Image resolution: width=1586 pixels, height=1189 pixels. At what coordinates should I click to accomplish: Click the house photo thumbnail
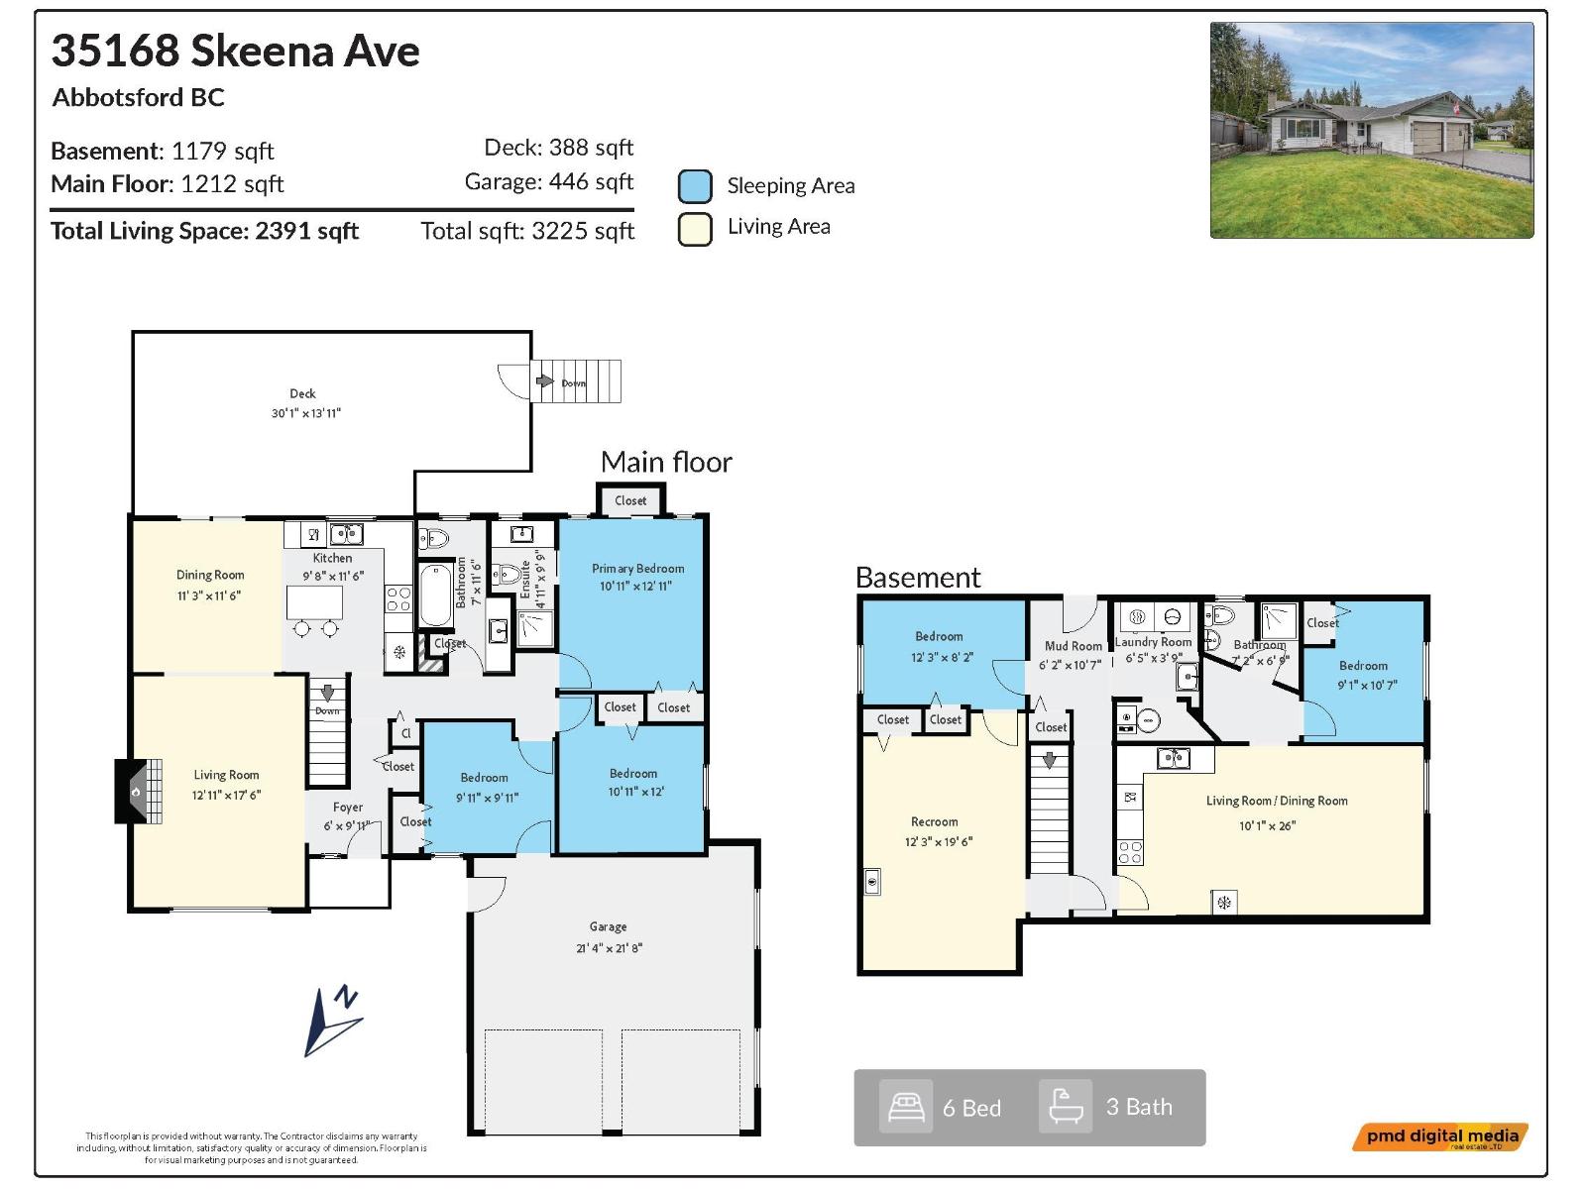click(1371, 130)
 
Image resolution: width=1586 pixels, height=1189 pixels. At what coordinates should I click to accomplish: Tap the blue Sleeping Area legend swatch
click(695, 186)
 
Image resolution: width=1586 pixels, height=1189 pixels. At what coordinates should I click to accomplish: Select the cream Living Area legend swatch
click(695, 228)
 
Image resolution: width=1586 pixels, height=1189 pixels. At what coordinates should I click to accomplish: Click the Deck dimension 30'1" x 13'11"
click(305, 413)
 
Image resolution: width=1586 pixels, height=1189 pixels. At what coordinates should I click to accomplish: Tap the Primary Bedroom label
click(637, 569)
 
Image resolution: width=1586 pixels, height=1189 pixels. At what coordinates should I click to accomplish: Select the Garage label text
click(608, 927)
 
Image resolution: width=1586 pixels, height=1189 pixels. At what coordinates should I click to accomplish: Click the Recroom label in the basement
click(934, 821)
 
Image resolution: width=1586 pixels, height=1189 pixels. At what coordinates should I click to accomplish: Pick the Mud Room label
click(1073, 646)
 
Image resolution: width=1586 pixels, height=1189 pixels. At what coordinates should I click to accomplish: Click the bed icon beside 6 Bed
click(906, 1107)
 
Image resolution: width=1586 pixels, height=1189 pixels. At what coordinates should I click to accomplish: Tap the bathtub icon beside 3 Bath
click(1066, 1106)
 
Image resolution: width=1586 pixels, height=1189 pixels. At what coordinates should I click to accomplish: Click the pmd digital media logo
click(1440, 1136)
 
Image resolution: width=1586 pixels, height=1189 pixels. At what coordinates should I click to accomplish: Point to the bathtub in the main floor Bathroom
click(435, 594)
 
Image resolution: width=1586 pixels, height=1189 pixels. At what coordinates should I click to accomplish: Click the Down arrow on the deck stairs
click(544, 381)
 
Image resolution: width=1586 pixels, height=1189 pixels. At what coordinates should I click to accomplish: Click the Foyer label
click(348, 808)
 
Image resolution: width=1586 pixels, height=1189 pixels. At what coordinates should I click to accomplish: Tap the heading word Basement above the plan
click(918, 578)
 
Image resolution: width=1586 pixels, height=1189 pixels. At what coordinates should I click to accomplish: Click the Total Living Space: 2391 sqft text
click(204, 231)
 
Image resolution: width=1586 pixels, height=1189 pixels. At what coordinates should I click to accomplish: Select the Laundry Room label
click(1153, 642)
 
